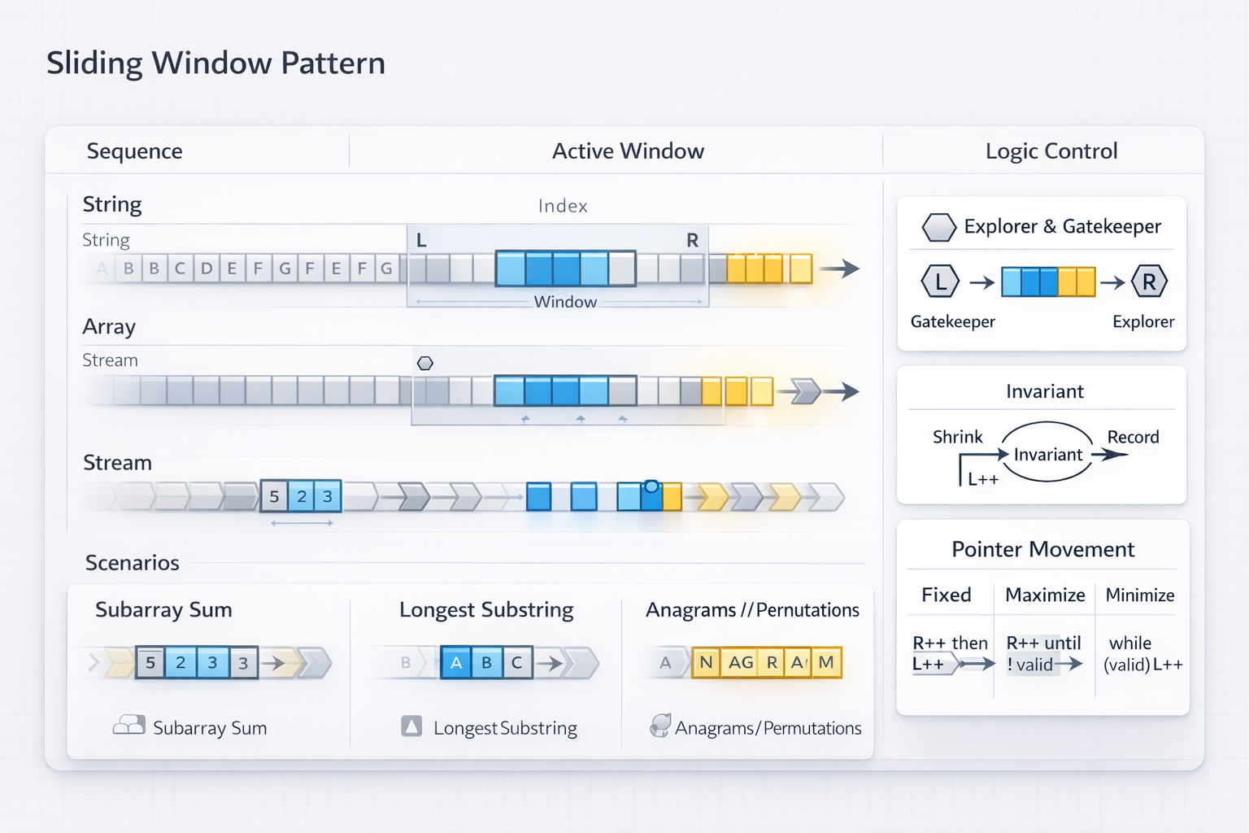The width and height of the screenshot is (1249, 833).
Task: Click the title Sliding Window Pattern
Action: [x=215, y=63]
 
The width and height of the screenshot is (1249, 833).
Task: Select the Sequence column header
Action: [x=134, y=151]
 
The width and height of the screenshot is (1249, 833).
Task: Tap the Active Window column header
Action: [x=628, y=151]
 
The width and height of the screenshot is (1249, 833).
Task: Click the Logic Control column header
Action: [x=1051, y=151]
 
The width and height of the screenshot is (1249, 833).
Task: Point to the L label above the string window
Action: [x=421, y=241]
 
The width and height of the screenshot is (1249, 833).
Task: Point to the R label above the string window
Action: [x=692, y=241]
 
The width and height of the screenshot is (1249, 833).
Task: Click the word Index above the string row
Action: [x=563, y=207]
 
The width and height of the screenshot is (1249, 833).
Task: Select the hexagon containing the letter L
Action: [x=940, y=282]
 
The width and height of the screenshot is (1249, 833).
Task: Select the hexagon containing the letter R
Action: [x=1149, y=282]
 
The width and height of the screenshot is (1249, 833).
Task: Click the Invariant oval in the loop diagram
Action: [x=1047, y=453]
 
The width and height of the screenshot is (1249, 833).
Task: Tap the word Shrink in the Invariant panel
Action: [x=957, y=438]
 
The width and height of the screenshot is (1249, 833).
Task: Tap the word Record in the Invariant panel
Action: [x=1133, y=438]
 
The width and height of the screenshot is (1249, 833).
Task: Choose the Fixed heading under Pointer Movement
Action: [x=946, y=595]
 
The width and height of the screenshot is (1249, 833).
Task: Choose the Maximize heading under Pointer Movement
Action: [x=1045, y=595]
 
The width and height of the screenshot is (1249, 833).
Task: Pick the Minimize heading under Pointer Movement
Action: [x=1139, y=595]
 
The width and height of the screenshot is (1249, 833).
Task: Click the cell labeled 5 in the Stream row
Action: [x=274, y=497]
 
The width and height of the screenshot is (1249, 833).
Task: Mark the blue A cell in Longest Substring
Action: [x=455, y=663]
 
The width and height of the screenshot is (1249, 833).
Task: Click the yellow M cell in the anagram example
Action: [x=826, y=663]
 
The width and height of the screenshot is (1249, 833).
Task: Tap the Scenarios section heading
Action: [x=133, y=563]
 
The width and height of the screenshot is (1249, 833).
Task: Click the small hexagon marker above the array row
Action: [x=424, y=364]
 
